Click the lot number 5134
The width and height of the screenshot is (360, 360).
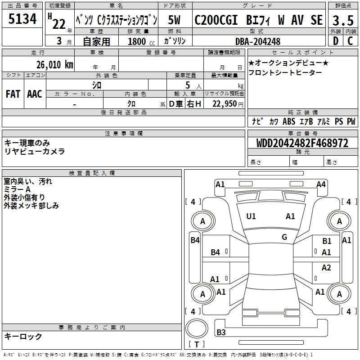22,20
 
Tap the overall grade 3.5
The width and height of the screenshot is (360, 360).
342,20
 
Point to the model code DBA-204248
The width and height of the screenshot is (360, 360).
258,41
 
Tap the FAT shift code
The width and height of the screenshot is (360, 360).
13,94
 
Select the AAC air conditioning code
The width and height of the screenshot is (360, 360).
35,94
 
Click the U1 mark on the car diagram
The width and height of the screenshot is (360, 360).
251,216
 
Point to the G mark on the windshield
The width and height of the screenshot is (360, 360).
284,237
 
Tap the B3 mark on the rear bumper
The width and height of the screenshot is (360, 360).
221,333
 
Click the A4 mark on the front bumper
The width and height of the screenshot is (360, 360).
321,184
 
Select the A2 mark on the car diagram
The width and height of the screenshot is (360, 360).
326,268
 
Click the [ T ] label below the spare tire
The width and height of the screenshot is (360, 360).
196,345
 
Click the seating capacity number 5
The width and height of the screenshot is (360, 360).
187,85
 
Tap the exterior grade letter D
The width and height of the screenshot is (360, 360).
335,41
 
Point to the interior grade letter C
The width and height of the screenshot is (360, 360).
350,41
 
